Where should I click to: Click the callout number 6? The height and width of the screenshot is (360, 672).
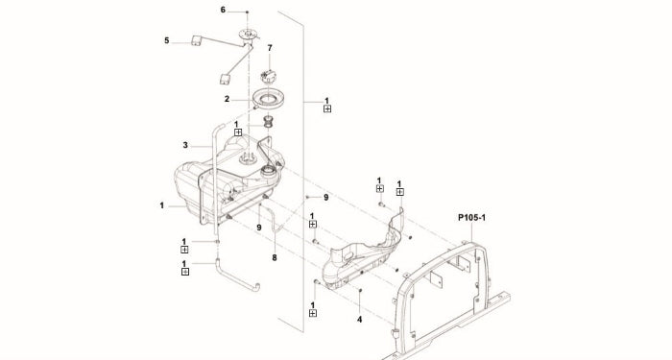[x=223, y=10]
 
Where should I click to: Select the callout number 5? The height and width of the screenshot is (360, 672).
[x=167, y=40]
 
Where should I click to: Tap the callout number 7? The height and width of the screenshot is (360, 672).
[x=270, y=48]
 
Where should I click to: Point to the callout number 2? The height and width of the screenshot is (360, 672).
[x=227, y=99]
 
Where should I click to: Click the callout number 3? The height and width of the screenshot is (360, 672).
[x=185, y=145]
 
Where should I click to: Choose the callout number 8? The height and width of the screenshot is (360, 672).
[x=275, y=257]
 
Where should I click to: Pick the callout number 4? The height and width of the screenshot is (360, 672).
[x=360, y=320]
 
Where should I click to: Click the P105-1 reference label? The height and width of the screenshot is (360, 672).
[x=472, y=218]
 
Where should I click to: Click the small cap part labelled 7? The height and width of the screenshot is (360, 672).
[x=268, y=77]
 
